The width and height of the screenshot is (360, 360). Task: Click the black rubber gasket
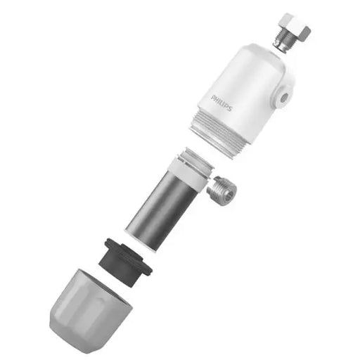127,259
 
